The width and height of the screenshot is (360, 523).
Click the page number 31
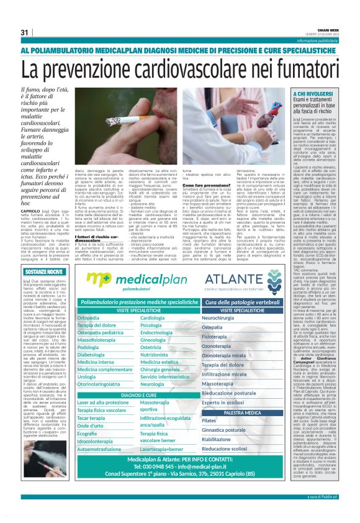click(x=25, y=32)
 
